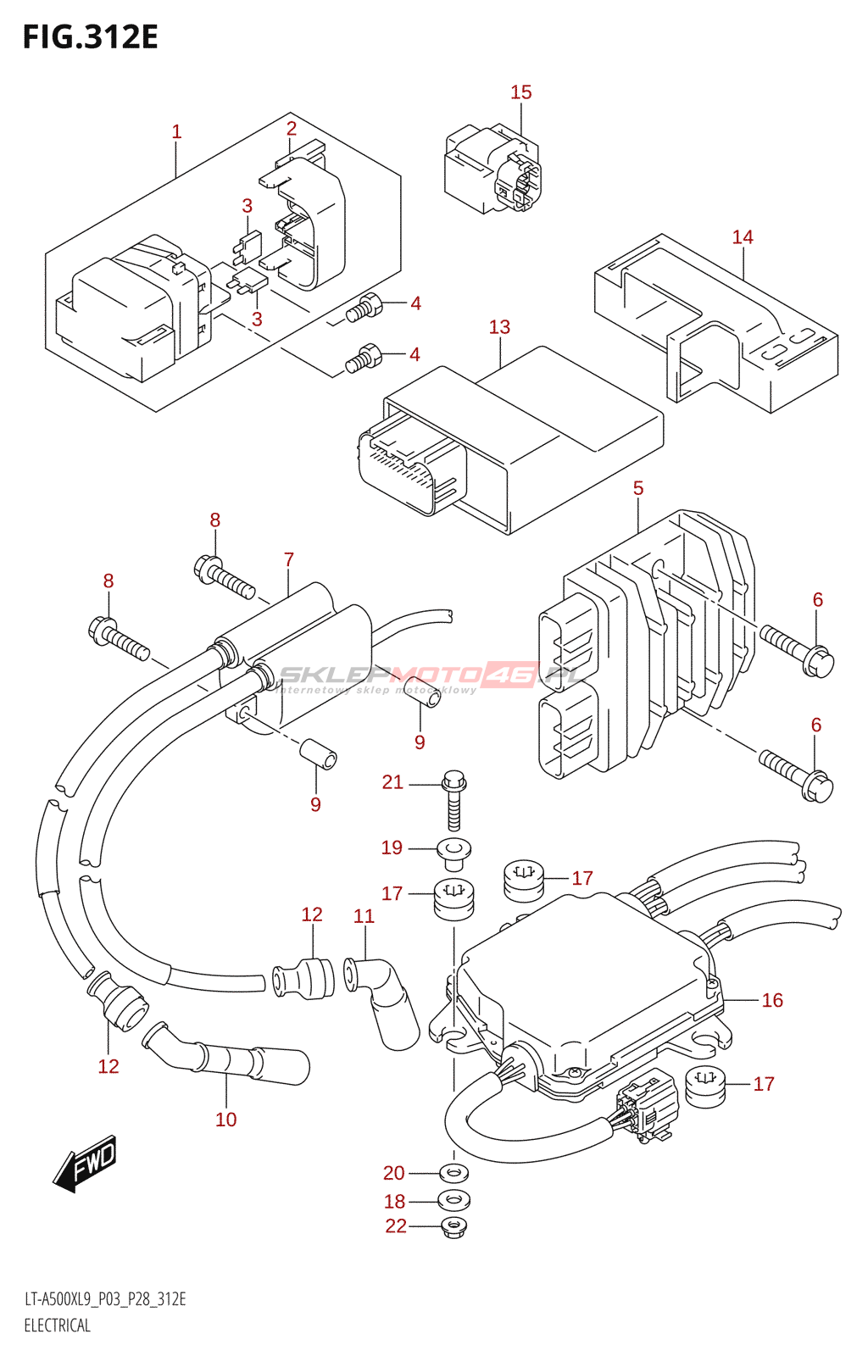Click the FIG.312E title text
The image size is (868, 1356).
(90, 37)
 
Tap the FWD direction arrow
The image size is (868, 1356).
(86, 1163)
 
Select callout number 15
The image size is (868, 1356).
(520, 92)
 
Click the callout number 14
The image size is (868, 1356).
(743, 237)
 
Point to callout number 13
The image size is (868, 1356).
(499, 327)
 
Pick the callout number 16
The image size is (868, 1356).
(772, 1000)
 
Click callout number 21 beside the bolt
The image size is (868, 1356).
(392, 782)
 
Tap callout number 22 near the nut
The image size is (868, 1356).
(396, 1226)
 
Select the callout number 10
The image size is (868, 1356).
(225, 1120)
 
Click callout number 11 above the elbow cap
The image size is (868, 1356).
(364, 916)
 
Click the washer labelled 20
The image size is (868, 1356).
(455, 1174)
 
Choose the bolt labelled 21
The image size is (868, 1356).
(454, 802)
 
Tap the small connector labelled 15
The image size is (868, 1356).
(492, 169)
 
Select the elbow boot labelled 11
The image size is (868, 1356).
(387, 1000)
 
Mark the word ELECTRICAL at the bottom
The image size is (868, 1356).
(57, 1325)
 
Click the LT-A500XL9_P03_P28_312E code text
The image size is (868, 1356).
(105, 1299)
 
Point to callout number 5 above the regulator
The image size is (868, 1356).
(638, 488)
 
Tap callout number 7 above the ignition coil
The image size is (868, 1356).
(289, 559)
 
